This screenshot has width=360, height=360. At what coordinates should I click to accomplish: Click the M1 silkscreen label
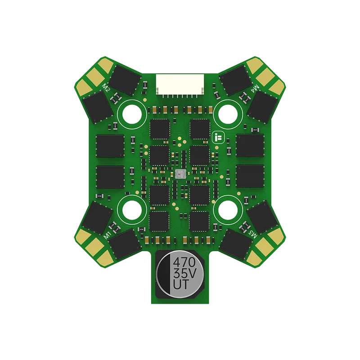click(x=108, y=235)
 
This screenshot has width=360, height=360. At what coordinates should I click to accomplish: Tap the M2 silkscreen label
click(x=106, y=87)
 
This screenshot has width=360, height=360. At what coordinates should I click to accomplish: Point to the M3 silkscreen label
click(x=253, y=234)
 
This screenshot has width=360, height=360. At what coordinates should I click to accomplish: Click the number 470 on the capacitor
click(x=184, y=262)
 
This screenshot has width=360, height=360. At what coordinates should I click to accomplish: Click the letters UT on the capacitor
click(x=181, y=284)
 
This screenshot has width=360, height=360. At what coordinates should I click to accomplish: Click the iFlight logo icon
click(x=218, y=138)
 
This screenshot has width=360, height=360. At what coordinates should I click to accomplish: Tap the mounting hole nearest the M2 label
click(x=132, y=114)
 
